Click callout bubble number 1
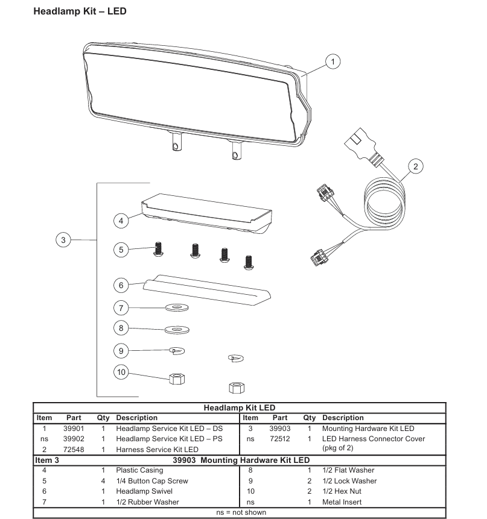(x=333, y=61)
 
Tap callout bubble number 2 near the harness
(x=416, y=166)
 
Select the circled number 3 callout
(x=63, y=240)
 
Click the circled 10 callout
(x=121, y=372)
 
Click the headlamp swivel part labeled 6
(x=207, y=289)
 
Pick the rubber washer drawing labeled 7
(x=177, y=308)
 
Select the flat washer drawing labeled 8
(x=177, y=330)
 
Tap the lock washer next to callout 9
(x=177, y=351)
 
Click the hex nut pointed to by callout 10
(x=177, y=379)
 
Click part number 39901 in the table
(x=74, y=429)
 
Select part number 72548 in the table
(x=74, y=450)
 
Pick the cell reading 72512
(x=279, y=439)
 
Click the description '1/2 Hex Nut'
(x=342, y=491)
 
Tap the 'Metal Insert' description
(x=342, y=502)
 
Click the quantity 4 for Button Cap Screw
(x=103, y=481)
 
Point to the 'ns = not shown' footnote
(x=241, y=512)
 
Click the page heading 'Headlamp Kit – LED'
(x=80, y=11)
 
